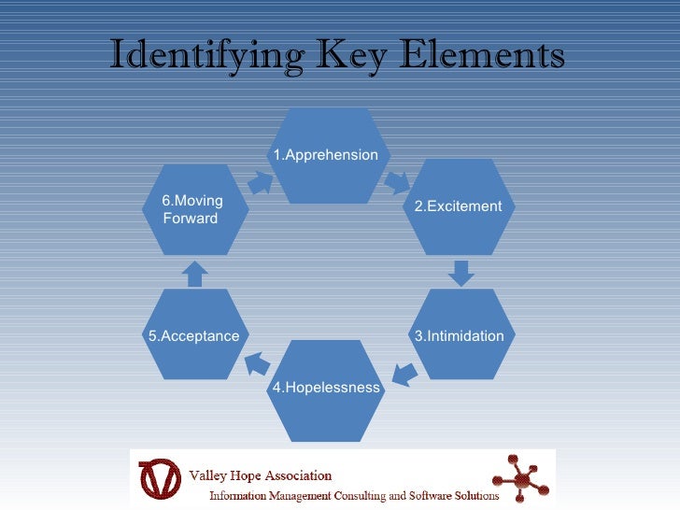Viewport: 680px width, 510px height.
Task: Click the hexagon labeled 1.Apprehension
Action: (325, 155)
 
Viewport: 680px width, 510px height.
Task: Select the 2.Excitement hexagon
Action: (458, 206)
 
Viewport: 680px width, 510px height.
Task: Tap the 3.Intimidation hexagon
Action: (458, 335)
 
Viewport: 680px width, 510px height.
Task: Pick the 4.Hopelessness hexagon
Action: (325, 388)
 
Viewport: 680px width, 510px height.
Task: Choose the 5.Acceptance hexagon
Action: (194, 335)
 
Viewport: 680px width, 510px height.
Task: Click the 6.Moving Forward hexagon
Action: (194, 210)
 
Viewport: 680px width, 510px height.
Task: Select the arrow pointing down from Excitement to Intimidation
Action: (459, 272)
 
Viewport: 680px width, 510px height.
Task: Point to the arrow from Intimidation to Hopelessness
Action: (404, 373)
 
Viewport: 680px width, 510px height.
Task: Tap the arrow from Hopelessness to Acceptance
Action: (257, 362)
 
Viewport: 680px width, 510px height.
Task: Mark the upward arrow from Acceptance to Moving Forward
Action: (194, 273)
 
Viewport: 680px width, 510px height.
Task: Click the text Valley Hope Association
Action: (262, 474)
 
